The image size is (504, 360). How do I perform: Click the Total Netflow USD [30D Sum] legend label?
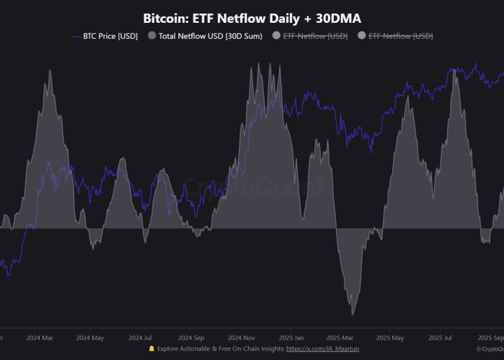pos(210,36)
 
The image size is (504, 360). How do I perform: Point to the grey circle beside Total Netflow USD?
pos(151,36)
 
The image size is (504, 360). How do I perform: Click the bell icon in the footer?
pos(151,349)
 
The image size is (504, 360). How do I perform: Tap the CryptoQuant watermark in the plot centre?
pos(252,187)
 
